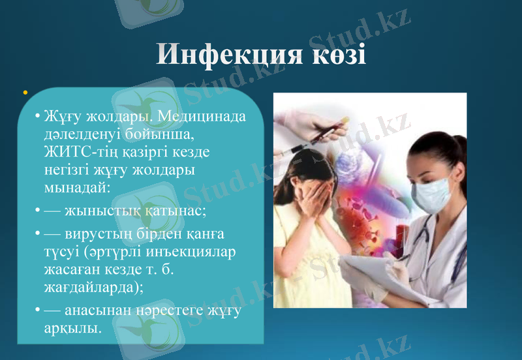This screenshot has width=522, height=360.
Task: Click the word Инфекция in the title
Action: click(x=223, y=55)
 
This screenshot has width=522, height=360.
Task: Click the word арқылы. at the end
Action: click(x=73, y=327)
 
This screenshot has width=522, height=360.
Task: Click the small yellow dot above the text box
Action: click(x=24, y=93)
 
